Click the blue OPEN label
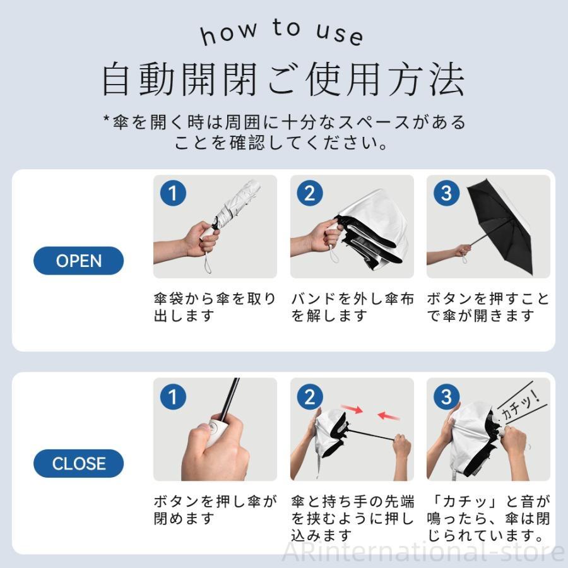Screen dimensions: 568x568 [79, 261]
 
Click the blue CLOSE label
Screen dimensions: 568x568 [79, 463]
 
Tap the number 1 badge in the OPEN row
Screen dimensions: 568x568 [173, 193]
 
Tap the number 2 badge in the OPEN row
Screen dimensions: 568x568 [310, 193]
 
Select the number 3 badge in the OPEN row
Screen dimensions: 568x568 [447, 193]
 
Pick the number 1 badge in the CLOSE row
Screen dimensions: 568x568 [173, 396]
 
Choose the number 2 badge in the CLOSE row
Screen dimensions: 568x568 [310, 396]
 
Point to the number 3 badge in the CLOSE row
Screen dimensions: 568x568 [447, 396]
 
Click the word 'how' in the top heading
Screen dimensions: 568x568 [229, 33]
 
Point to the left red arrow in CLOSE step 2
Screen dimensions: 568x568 [352, 408]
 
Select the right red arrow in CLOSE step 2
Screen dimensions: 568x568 [388, 415]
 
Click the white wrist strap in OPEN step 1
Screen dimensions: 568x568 [208, 262]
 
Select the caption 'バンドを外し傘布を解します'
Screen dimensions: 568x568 [352, 307]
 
